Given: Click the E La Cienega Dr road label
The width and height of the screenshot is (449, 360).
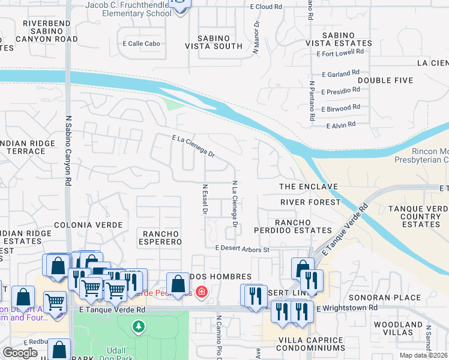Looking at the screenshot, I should pyautogui.click(x=193, y=146).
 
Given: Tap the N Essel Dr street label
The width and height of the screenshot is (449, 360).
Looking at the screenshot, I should pyautogui.click(x=205, y=199).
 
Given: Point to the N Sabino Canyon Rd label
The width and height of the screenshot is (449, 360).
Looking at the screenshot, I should pyautogui.click(x=68, y=150).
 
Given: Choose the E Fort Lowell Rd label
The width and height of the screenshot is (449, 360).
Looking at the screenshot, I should pyautogui.click(x=340, y=53).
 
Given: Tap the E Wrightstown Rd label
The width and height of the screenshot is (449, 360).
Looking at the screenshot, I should pyautogui.click(x=346, y=308).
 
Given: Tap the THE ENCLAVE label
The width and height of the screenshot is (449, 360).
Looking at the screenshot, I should pyautogui.click(x=309, y=187).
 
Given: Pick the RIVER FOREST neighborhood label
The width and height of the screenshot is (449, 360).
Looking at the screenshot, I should pyautogui.click(x=310, y=203).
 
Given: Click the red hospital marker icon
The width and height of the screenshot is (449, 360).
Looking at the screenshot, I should pyautogui.click(x=202, y=292).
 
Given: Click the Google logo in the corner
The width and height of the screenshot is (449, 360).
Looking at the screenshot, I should pyautogui.click(x=19, y=353).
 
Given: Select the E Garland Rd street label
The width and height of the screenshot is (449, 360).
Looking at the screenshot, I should pyautogui.click(x=340, y=74).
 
